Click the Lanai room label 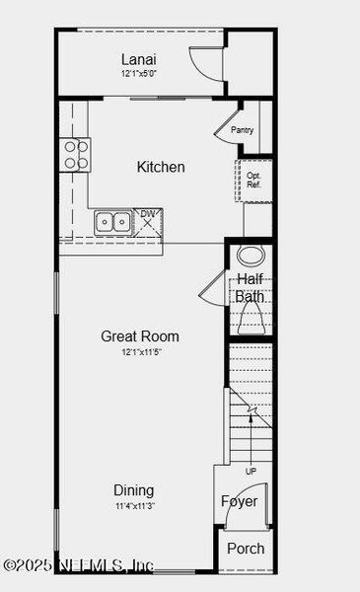[x=139, y=59]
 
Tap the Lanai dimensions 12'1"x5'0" [x=139, y=74]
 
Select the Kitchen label [x=161, y=167]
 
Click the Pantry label [x=243, y=130]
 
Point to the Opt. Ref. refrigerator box [x=253, y=180]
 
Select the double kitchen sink [x=112, y=222]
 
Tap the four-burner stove [x=76, y=154]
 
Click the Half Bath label [x=250, y=287]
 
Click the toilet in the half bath [x=250, y=318]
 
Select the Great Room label [x=140, y=336]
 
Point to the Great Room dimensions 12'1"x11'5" [x=140, y=352]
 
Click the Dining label [x=133, y=490]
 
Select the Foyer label [x=239, y=501]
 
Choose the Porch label [x=246, y=549]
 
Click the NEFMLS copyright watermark [x=79, y=565]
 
